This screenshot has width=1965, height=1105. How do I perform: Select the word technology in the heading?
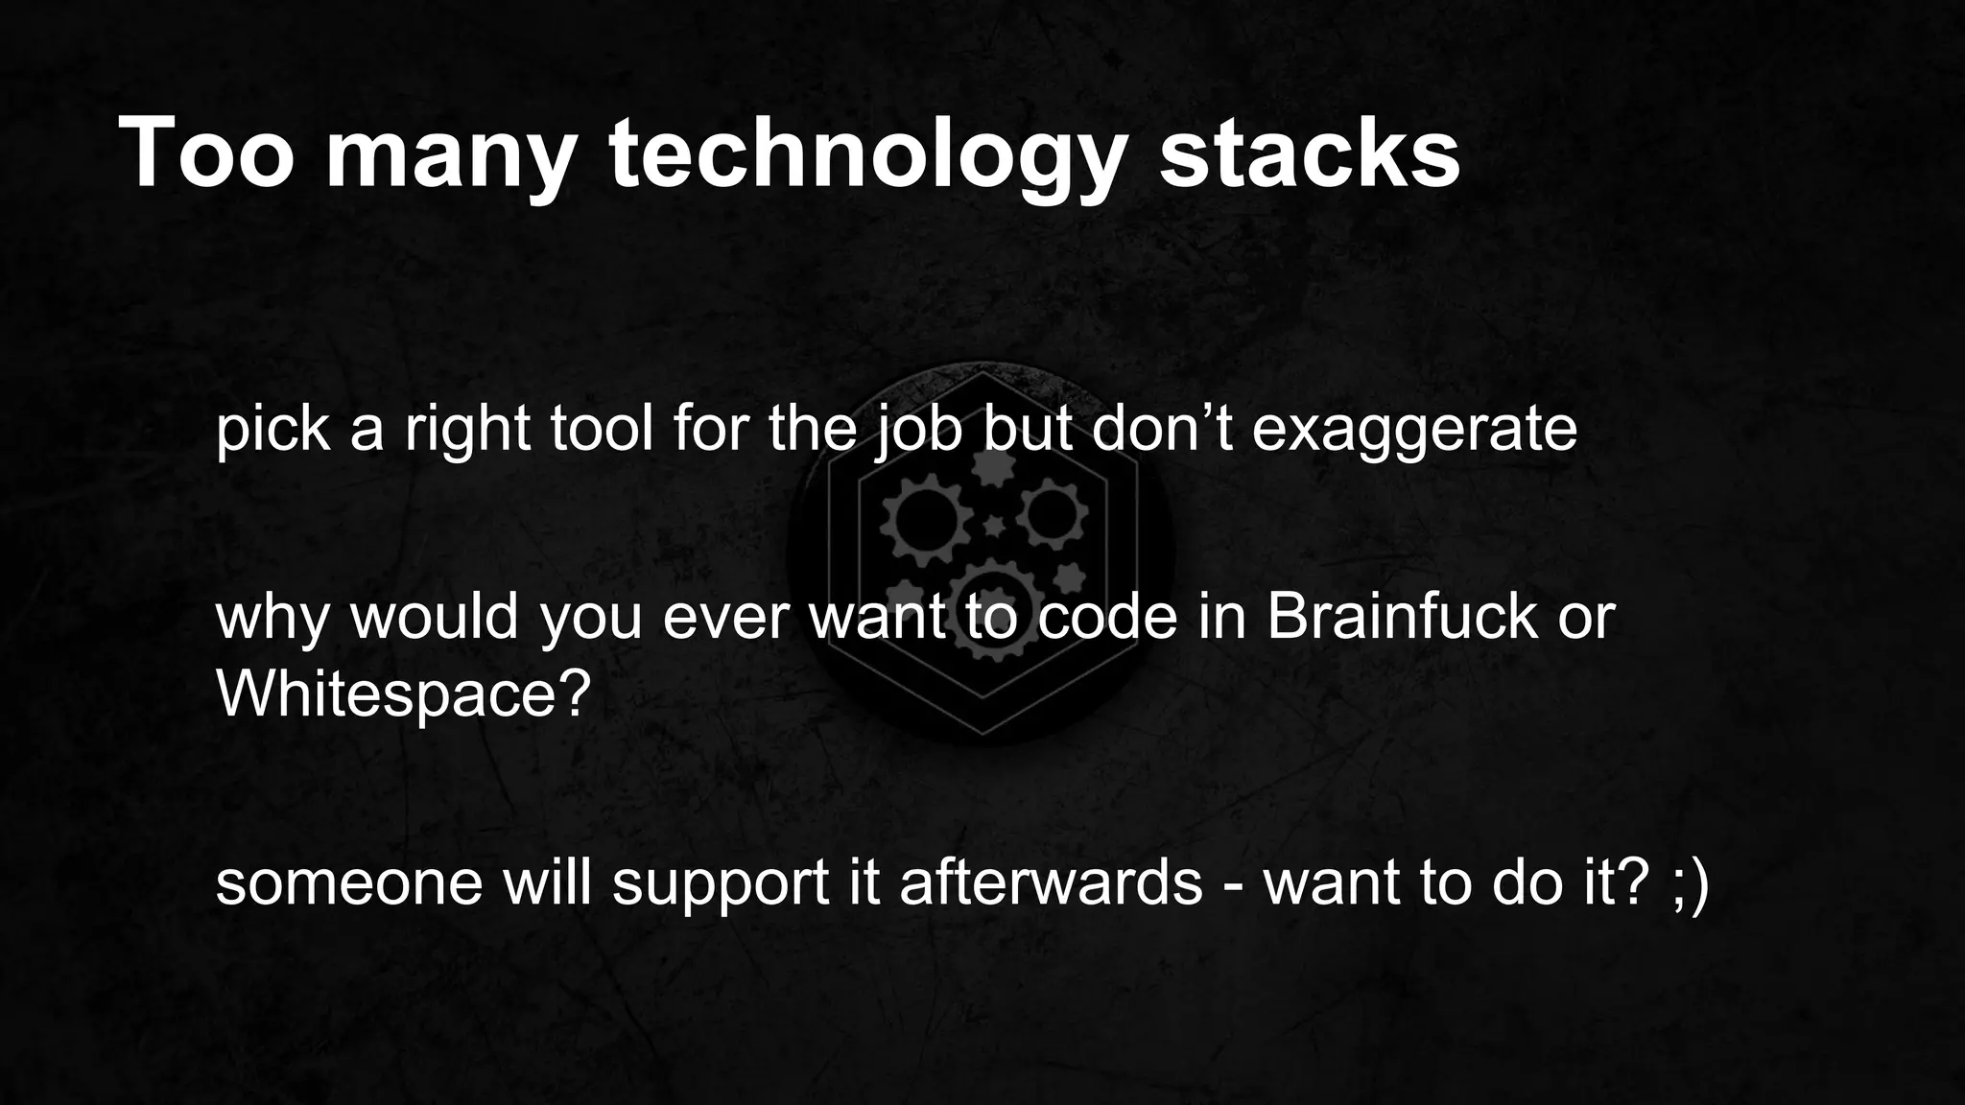click(x=864, y=155)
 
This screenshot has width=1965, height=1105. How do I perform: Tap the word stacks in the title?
click(x=1309, y=153)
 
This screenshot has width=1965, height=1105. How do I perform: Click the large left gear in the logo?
click(x=920, y=519)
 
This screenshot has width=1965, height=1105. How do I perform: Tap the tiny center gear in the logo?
click(x=994, y=526)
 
